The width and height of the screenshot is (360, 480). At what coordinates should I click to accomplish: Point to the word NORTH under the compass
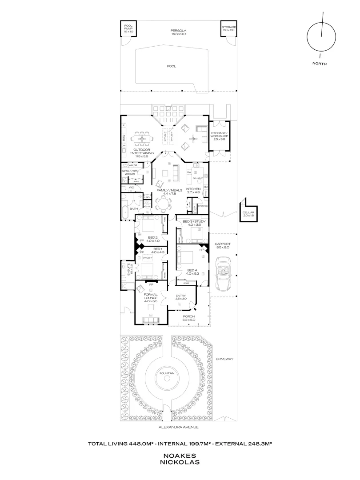point(320,64)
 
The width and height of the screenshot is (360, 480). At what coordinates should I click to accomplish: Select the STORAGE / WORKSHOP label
point(220,136)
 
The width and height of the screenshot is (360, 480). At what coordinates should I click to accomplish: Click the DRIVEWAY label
point(225,358)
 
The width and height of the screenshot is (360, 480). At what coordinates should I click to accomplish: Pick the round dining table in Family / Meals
point(164,205)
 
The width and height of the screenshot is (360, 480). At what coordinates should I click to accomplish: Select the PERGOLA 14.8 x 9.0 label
point(180,32)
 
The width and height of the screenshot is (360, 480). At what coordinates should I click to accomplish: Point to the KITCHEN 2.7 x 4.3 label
point(194,191)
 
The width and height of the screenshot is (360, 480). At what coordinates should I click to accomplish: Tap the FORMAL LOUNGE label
point(151,297)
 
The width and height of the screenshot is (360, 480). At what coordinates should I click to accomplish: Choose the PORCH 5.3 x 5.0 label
point(189,318)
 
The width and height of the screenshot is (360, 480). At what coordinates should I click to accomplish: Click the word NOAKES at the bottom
point(180,456)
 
